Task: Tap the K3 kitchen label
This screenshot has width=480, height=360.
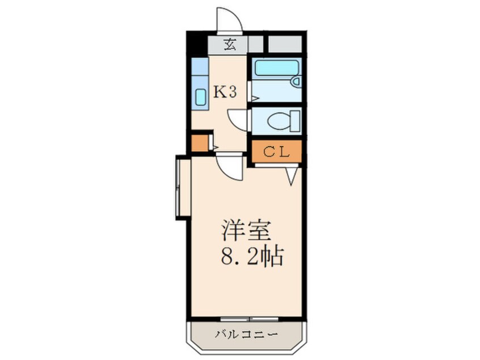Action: coord(225,92)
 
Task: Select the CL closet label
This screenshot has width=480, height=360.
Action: coord(276,152)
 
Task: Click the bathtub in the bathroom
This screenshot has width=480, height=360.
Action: coord(274,69)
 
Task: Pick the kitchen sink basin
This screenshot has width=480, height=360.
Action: coord(200,97)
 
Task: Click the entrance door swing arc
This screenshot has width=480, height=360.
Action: coord(229,20)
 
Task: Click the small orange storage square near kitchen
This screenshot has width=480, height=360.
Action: coord(200,143)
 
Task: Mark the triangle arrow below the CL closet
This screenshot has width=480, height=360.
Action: coord(292,176)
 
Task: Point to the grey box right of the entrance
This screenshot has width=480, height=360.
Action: coord(284,44)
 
